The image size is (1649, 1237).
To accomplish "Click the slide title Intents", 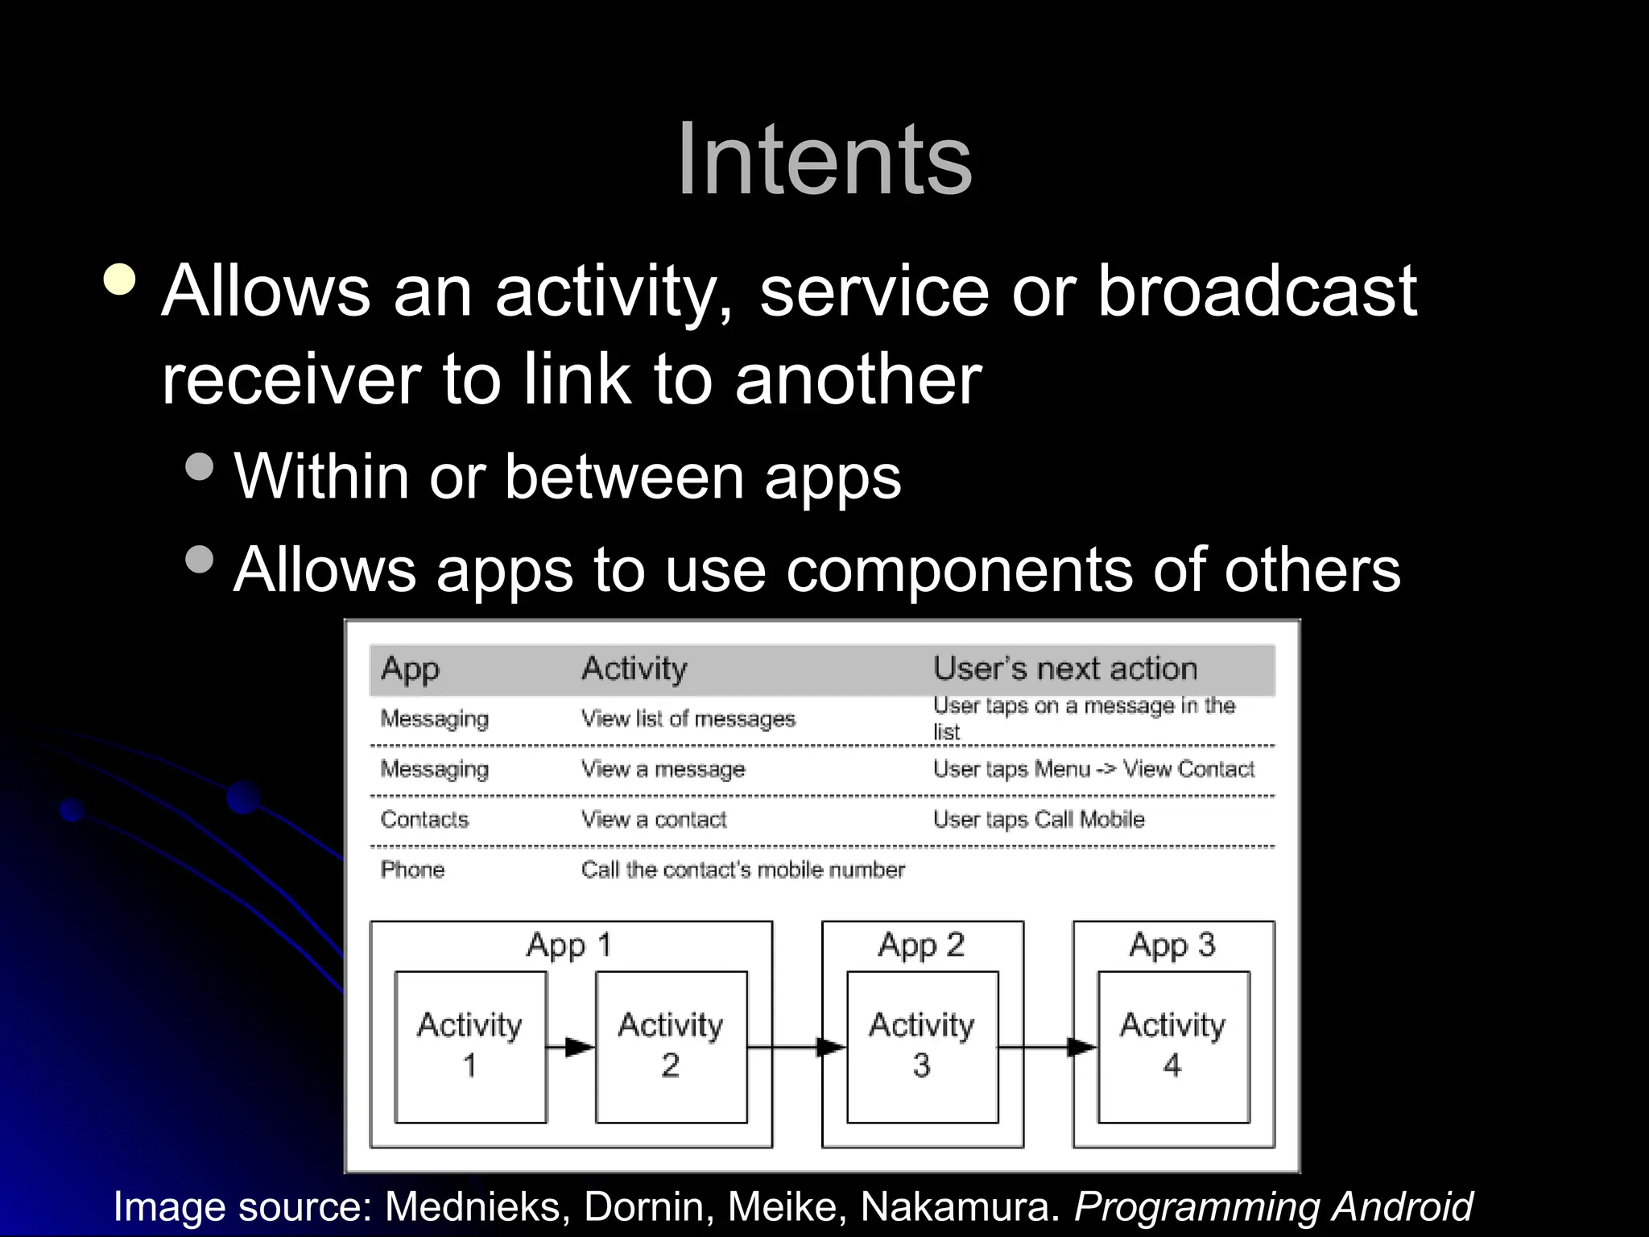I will pos(824,159).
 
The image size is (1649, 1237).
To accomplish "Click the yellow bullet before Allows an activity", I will pos(120,279).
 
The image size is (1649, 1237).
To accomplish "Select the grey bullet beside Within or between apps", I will pos(199,466).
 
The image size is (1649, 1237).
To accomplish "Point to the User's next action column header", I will pos(1064,668).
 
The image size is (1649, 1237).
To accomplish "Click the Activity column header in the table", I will pos(634,668).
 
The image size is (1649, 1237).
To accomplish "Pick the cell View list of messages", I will pos(688,718).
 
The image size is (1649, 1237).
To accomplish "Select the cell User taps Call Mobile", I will pos(1038,820).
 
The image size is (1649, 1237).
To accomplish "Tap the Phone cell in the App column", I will pos(412,870).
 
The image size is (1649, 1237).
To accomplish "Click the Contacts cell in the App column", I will pos(424,820).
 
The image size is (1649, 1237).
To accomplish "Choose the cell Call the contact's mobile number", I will pos(742,870).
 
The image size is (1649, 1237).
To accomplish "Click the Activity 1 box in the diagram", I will pos(470,1046).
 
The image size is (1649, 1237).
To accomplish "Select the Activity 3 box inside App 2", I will pos(922,1046).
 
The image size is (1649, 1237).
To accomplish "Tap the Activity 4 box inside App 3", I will pos(1173,1046).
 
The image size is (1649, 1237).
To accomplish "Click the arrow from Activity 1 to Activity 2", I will pos(571,1047).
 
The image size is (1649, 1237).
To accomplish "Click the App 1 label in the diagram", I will pos(569,945).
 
